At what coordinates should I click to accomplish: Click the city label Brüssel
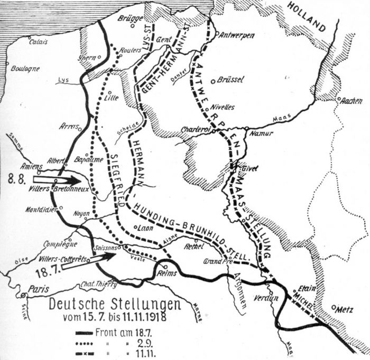[x=230, y=80]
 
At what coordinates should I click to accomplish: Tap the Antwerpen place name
[x=237, y=35]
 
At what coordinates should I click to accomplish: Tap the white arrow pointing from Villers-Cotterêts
[x=103, y=258]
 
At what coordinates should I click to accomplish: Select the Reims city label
[x=166, y=273]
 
